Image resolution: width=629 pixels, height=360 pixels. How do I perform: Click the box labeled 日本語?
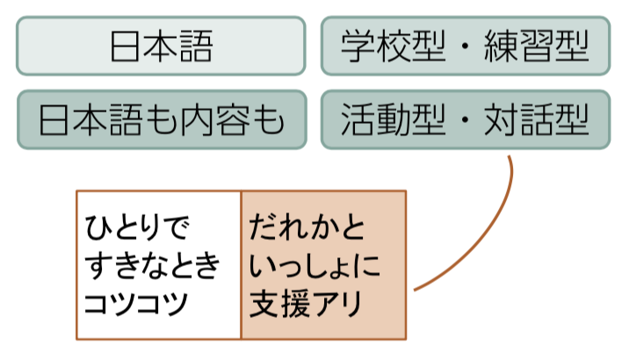(161, 46)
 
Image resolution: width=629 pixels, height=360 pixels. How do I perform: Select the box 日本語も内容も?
(161, 119)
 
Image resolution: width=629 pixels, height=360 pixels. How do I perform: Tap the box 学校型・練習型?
(466, 46)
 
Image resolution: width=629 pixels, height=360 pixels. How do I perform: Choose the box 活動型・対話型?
(466, 119)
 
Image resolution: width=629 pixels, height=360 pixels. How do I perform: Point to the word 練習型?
(536, 46)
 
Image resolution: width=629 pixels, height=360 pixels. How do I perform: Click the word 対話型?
(536, 119)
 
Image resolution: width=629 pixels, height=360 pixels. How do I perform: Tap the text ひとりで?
(138, 227)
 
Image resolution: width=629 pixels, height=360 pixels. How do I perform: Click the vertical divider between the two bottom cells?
(241, 264)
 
